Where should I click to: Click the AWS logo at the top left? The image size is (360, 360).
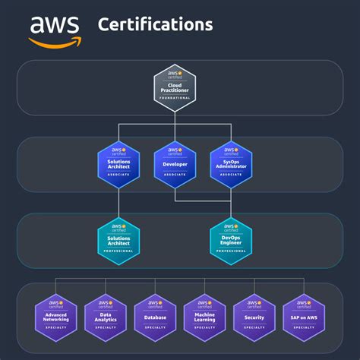click(54, 30)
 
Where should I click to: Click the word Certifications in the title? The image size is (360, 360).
click(155, 24)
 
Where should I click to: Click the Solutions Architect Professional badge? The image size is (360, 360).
click(119, 240)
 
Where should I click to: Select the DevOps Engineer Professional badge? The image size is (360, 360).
click(231, 240)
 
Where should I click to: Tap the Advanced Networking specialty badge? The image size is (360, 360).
click(56, 317)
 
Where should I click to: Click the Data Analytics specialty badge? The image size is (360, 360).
click(106, 317)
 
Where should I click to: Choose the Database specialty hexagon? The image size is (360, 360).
click(155, 317)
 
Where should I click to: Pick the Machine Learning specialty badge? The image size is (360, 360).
click(204, 317)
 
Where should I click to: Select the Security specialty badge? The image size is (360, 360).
click(254, 317)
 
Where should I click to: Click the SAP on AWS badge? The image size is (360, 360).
click(304, 317)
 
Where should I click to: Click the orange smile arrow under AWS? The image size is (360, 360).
click(55, 43)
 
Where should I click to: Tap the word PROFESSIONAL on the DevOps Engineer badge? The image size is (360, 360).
click(231, 251)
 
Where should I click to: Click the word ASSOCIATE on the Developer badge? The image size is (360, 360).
click(175, 174)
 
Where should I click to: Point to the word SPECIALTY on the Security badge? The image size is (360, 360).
click(254, 327)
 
